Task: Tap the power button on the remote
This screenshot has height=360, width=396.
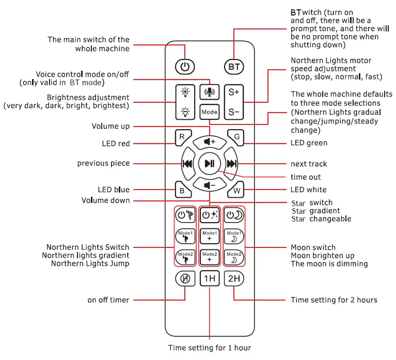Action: click(x=185, y=67)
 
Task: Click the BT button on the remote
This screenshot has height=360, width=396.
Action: click(x=234, y=67)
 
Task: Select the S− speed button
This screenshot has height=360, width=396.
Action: click(x=234, y=111)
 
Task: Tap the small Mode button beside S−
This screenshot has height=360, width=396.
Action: click(x=210, y=111)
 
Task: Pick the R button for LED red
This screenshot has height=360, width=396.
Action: click(x=182, y=137)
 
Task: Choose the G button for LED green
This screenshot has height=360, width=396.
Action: click(x=236, y=137)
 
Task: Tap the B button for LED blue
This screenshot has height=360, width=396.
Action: click(x=182, y=190)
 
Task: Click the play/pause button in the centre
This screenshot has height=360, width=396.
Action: click(x=210, y=164)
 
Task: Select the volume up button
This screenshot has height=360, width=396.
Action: click(x=210, y=141)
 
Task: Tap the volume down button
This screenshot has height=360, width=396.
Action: click(x=210, y=185)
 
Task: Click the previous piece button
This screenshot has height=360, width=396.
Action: click(x=187, y=164)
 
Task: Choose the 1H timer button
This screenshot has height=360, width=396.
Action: click(x=210, y=279)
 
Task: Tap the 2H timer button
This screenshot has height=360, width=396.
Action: click(x=234, y=279)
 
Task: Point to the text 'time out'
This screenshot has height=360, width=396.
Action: click(x=306, y=177)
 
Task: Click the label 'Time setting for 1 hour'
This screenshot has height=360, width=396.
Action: click(x=210, y=348)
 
